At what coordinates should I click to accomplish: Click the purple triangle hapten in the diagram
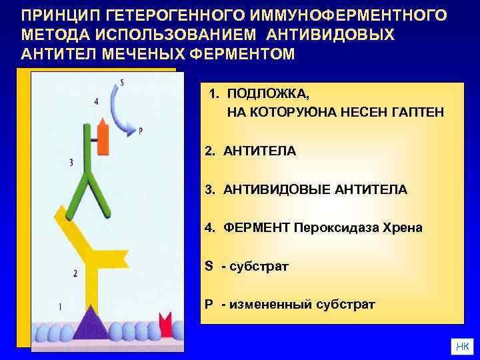[91, 325]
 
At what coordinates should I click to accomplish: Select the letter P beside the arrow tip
[141, 131]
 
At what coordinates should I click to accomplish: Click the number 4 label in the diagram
[97, 102]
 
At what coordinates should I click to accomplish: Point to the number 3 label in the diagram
[71, 162]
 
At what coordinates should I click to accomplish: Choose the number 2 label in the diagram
[75, 273]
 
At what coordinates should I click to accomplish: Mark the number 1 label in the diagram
[61, 306]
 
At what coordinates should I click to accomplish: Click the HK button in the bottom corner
[461, 345]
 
